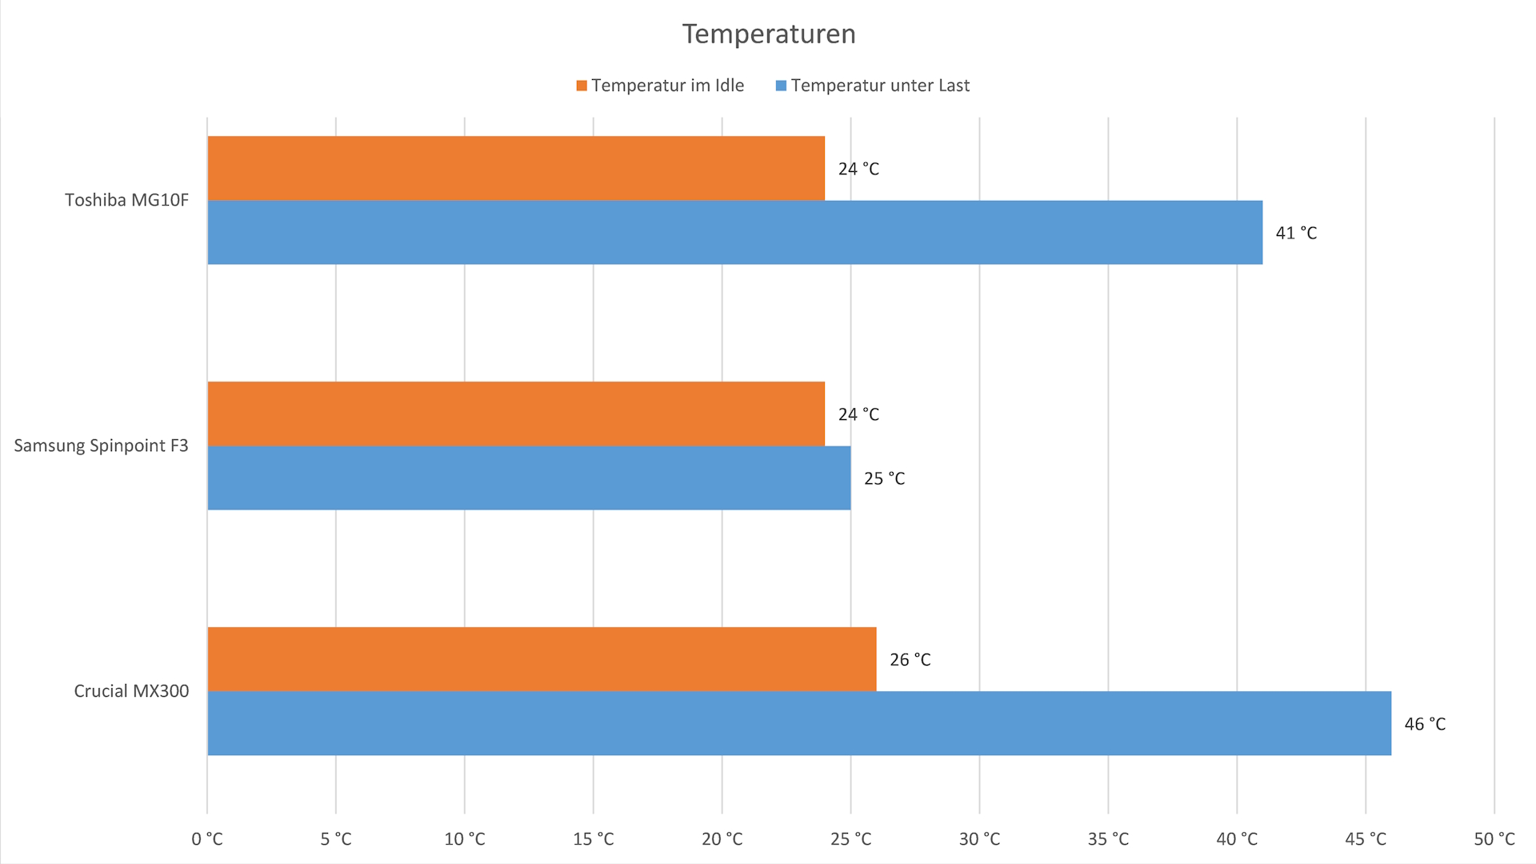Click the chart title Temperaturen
click(769, 34)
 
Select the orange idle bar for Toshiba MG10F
click(516, 168)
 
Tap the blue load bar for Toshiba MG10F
click(734, 232)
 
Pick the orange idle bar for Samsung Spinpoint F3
click(516, 414)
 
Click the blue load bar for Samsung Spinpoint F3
click(529, 478)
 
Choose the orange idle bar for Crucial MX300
click(542, 659)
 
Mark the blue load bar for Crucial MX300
click(799, 723)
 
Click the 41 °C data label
click(1296, 233)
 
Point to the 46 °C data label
click(1425, 724)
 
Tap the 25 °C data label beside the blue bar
click(884, 478)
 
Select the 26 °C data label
click(910, 660)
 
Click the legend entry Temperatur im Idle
click(661, 86)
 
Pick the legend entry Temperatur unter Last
click(873, 86)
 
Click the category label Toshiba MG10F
click(126, 200)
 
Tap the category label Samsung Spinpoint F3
click(101, 446)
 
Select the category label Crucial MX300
click(131, 691)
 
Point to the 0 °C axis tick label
click(207, 839)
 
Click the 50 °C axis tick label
click(1494, 839)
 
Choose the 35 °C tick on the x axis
click(1108, 839)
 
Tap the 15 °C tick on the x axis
click(593, 839)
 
